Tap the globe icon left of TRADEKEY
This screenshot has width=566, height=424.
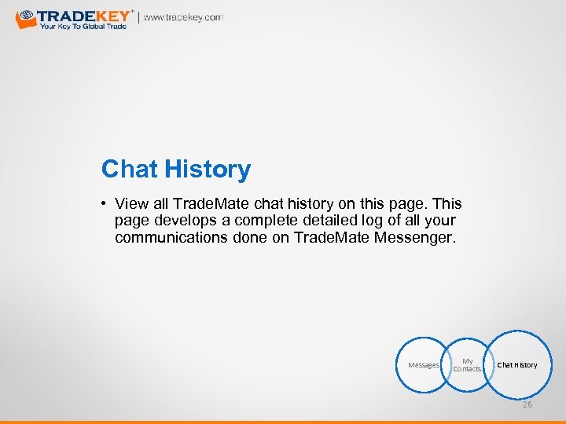[25, 17]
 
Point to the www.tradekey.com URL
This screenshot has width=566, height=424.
[183, 17]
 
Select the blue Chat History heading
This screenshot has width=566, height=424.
[176, 169]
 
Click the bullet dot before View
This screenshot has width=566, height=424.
[105, 203]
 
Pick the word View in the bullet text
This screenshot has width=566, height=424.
[130, 203]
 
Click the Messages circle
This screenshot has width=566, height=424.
[423, 365]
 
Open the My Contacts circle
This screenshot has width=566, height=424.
[467, 365]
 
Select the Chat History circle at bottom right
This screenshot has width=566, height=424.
[516, 365]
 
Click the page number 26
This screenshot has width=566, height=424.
[527, 404]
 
